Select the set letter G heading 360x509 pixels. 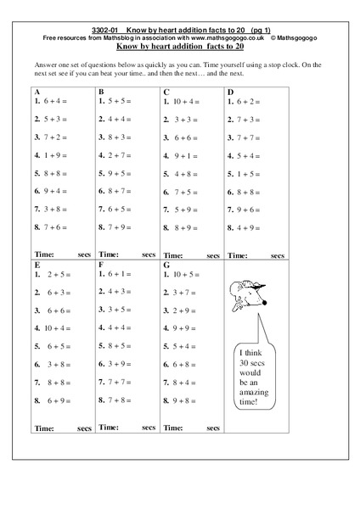pos(166,264)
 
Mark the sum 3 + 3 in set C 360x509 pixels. pos(181,120)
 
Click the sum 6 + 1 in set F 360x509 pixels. pos(117,274)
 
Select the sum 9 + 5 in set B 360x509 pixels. pos(117,173)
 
